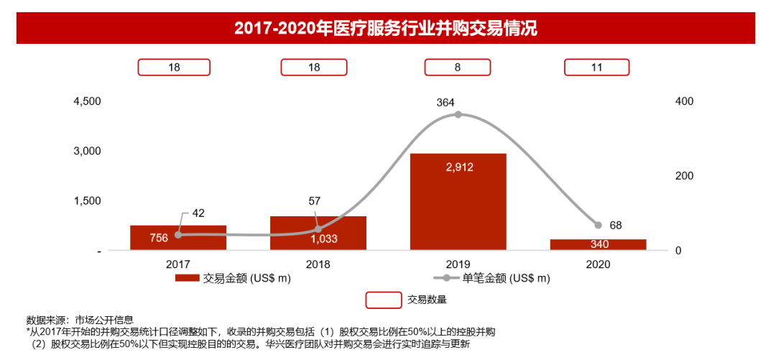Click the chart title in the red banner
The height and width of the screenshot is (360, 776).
(386, 29)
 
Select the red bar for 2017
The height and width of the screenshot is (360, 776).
(178, 238)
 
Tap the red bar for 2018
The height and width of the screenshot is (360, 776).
(318, 233)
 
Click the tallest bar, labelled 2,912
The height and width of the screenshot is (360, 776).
(458, 202)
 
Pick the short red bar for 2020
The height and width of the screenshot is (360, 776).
(599, 244)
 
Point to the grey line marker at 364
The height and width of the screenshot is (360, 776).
(458, 115)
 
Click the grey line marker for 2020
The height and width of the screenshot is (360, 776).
(598, 225)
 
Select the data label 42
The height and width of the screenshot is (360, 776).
(198, 213)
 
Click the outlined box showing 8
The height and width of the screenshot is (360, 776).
(458, 67)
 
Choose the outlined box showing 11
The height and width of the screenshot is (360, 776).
(596, 67)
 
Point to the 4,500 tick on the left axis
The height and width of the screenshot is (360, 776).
(88, 101)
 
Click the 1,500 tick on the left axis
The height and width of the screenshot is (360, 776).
(88, 200)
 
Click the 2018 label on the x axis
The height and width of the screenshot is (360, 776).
(318, 264)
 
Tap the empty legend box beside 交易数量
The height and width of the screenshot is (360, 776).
(383, 300)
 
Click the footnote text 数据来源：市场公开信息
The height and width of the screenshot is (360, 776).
(80, 320)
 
